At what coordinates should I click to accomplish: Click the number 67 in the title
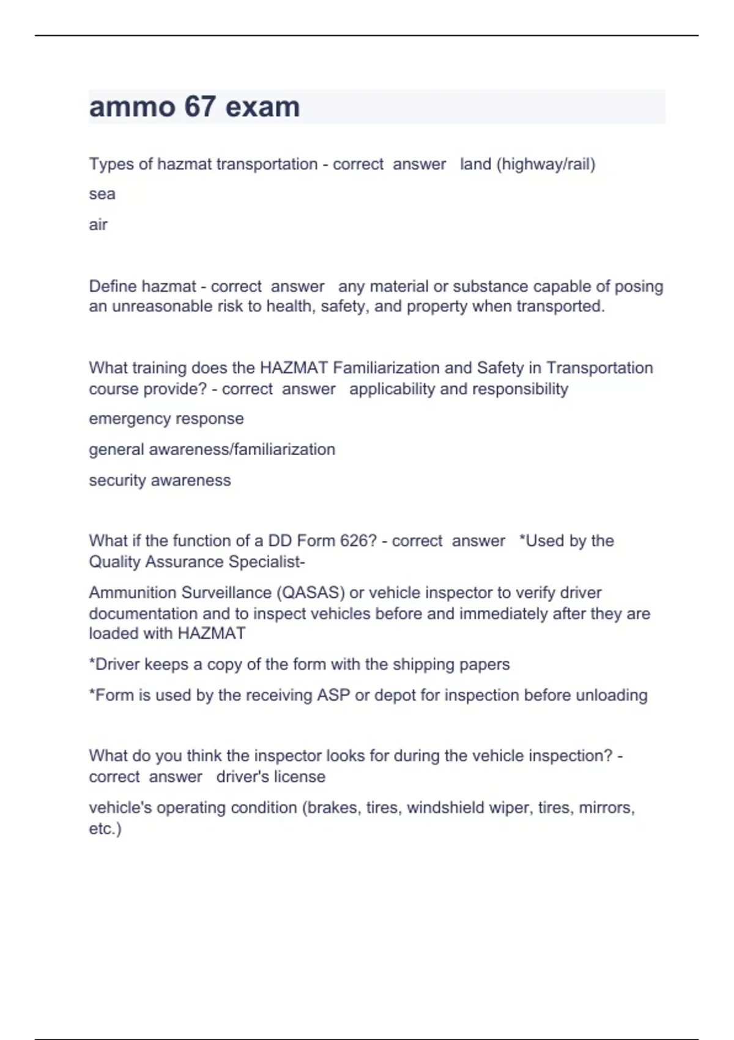point(199,107)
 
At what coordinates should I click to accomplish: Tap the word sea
point(102,195)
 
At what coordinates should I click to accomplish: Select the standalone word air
point(98,225)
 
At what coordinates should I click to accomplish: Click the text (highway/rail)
point(546,164)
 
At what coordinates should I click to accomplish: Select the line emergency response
point(166,419)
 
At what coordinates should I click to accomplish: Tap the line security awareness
point(160,481)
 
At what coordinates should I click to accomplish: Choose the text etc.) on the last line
point(105,829)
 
